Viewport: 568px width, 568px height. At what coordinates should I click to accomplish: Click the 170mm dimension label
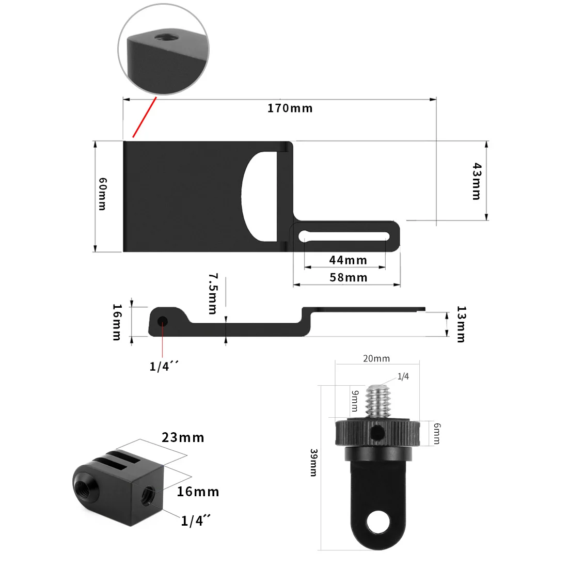290,108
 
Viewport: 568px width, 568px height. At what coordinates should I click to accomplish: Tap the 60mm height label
103,194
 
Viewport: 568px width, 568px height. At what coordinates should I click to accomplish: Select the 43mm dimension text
477,181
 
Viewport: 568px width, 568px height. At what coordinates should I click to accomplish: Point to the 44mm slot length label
348,260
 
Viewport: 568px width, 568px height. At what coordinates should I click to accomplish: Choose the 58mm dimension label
348,277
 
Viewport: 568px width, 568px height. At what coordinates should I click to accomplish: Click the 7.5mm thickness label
213,293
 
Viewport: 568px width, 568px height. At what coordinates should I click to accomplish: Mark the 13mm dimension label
461,324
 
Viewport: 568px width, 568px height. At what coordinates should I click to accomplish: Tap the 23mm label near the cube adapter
183,437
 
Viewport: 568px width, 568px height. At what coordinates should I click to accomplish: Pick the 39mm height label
313,463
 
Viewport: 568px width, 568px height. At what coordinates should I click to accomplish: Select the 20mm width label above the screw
376,358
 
